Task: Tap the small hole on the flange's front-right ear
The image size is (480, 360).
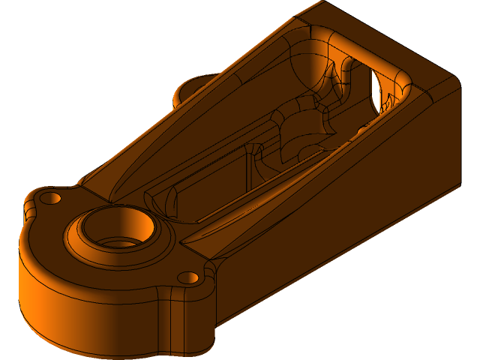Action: pyautogui.click(x=189, y=278)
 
